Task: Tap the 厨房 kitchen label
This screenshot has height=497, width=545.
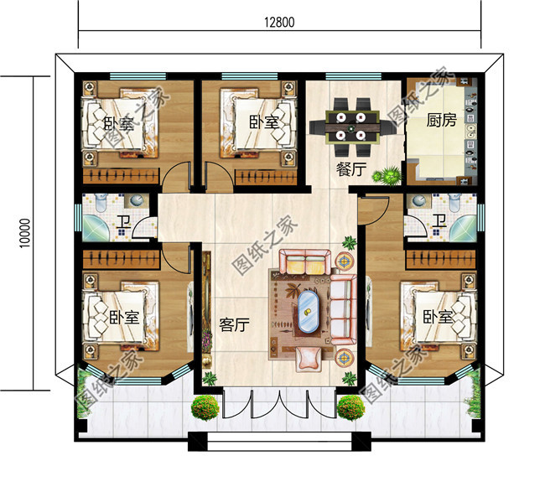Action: (x=441, y=121)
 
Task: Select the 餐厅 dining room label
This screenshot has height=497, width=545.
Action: (x=351, y=168)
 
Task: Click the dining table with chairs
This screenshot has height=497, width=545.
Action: (x=350, y=119)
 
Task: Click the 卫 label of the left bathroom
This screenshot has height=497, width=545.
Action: (x=122, y=223)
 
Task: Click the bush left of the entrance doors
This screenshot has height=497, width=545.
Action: (x=205, y=408)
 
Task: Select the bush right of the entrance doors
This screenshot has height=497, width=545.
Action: (x=350, y=408)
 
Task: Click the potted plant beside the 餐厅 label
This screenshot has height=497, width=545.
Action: (x=388, y=176)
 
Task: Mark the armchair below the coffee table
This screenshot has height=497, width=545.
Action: (x=307, y=358)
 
